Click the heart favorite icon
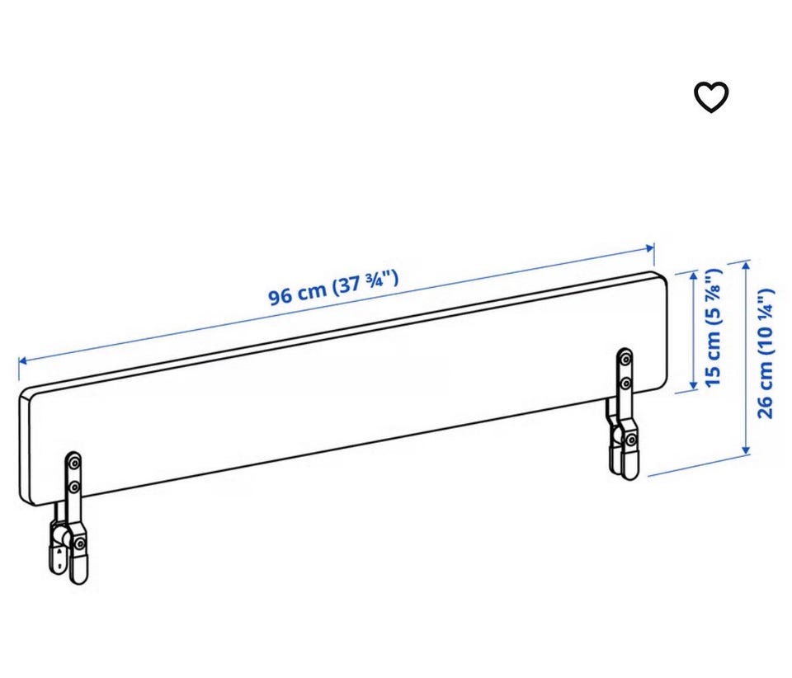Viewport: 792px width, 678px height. [711, 97]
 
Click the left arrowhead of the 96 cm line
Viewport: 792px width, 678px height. [22, 361]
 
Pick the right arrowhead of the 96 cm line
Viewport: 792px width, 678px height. [651, 248]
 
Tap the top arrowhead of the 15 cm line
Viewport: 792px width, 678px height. [694, 275]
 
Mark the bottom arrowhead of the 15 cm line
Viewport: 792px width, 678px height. [694, 386]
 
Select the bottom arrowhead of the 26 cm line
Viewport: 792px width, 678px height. [746, 450]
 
